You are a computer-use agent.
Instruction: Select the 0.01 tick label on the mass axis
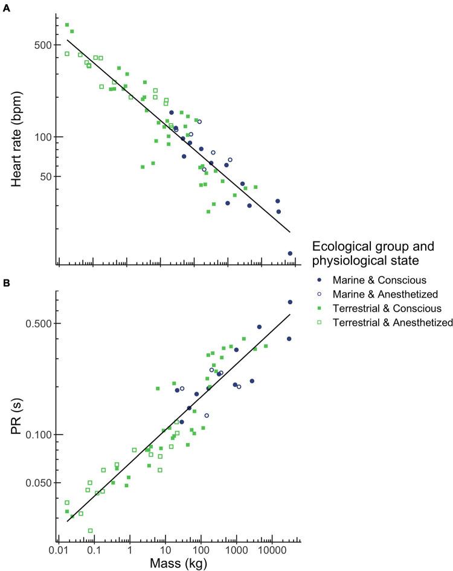(59, 551)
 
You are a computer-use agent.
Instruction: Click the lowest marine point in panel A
(290, 254)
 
